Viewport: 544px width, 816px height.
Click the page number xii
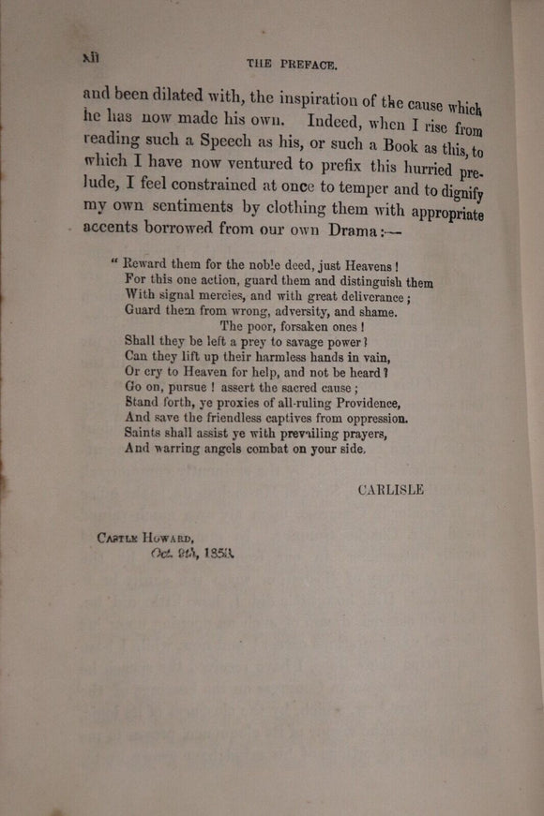click(91, 57)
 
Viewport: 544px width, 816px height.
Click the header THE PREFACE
click(292, 65)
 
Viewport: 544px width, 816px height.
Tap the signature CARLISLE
click(390, 489)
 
